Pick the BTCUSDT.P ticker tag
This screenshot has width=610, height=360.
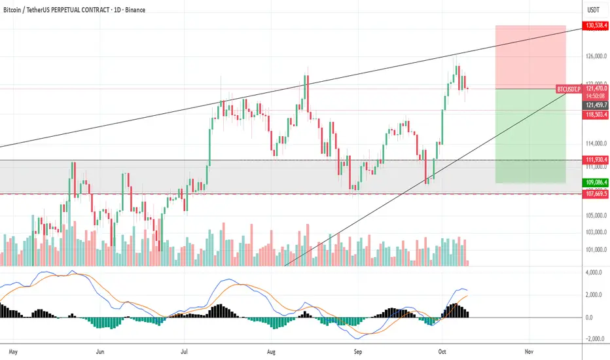(567, 88)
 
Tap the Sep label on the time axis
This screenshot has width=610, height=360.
(358, 351)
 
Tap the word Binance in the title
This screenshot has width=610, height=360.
(134, 10)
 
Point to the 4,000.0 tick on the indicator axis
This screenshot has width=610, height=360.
(595, 272)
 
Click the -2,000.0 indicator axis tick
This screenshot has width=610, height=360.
(594, 339)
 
